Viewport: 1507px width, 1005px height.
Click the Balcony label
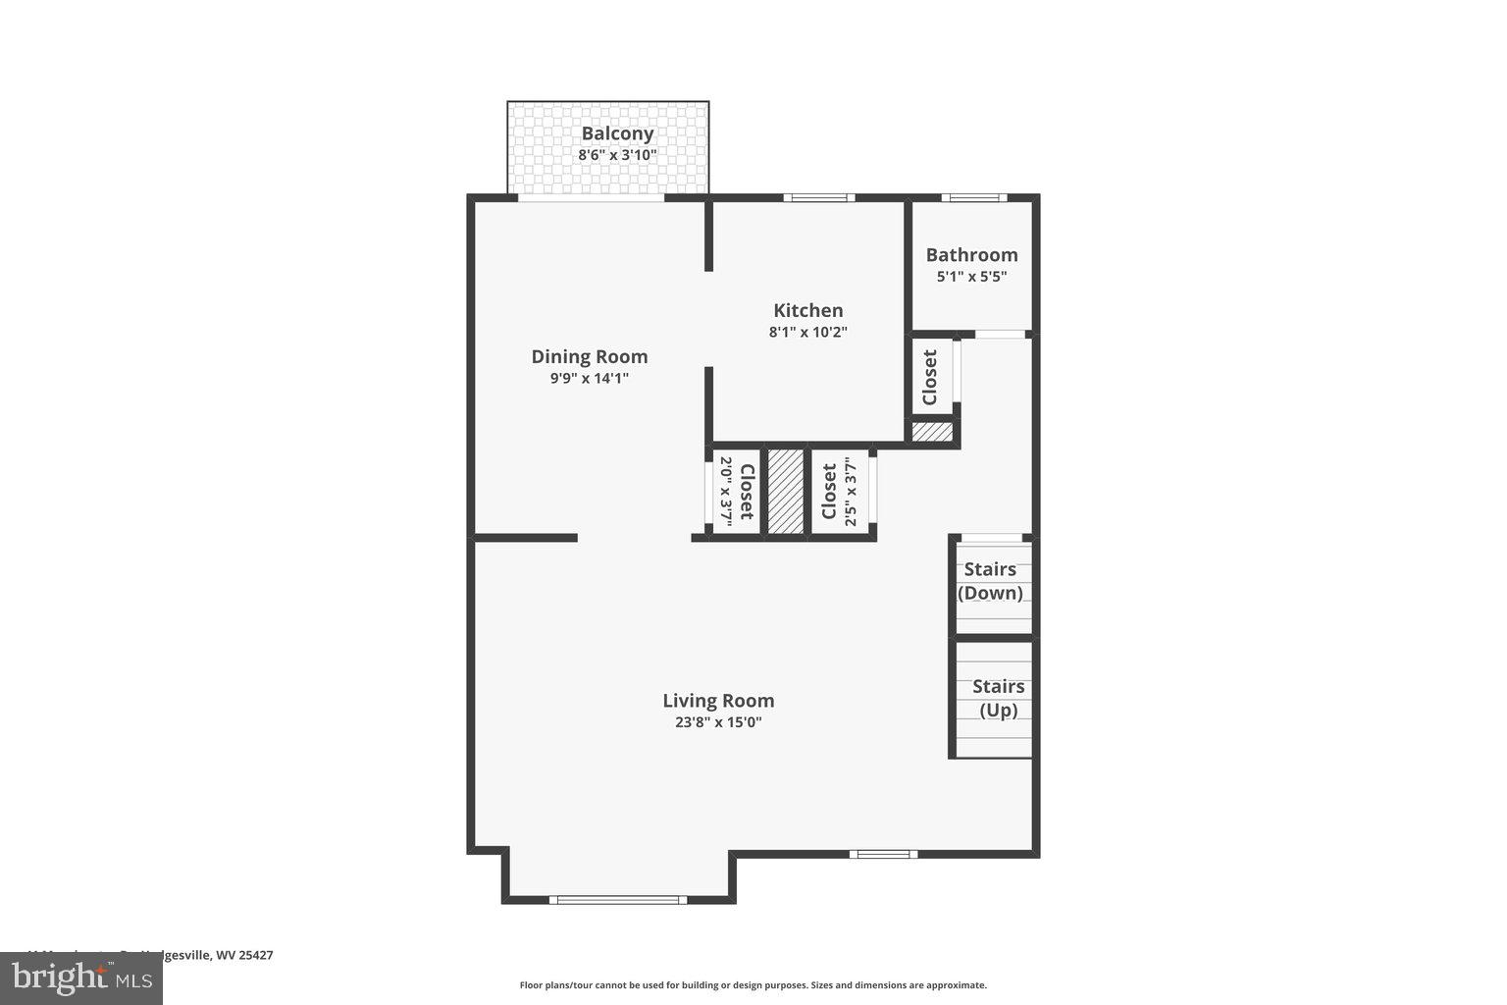click(x=617, y=133)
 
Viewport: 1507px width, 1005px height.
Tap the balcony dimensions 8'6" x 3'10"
click(x=617, y=155)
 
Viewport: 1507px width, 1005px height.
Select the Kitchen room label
click(x=807, y=310)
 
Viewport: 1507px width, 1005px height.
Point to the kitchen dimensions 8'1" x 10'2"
click(x=807, y=332)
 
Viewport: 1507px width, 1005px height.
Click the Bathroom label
click(x=971, y=255)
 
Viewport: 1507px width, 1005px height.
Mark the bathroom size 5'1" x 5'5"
click(x=971, y=277)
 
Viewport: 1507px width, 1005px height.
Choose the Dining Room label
click(x=590, y=356)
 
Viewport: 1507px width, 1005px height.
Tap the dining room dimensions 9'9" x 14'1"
click(x=590, y=378)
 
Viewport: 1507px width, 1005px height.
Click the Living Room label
click(x=718, y=701)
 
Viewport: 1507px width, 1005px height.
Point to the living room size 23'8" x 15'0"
click(x=718, y=722)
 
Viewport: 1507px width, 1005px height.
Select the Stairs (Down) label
click(x=990, y=581)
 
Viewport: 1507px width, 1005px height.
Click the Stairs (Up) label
click(x=999, y=698)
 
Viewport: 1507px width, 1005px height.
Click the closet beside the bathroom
click(x=930, y=378)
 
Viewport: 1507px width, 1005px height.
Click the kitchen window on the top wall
click(x=819, y=198)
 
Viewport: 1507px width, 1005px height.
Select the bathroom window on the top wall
click(x=973, y=198)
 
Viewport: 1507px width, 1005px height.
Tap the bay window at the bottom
click(x=617, y=899)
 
